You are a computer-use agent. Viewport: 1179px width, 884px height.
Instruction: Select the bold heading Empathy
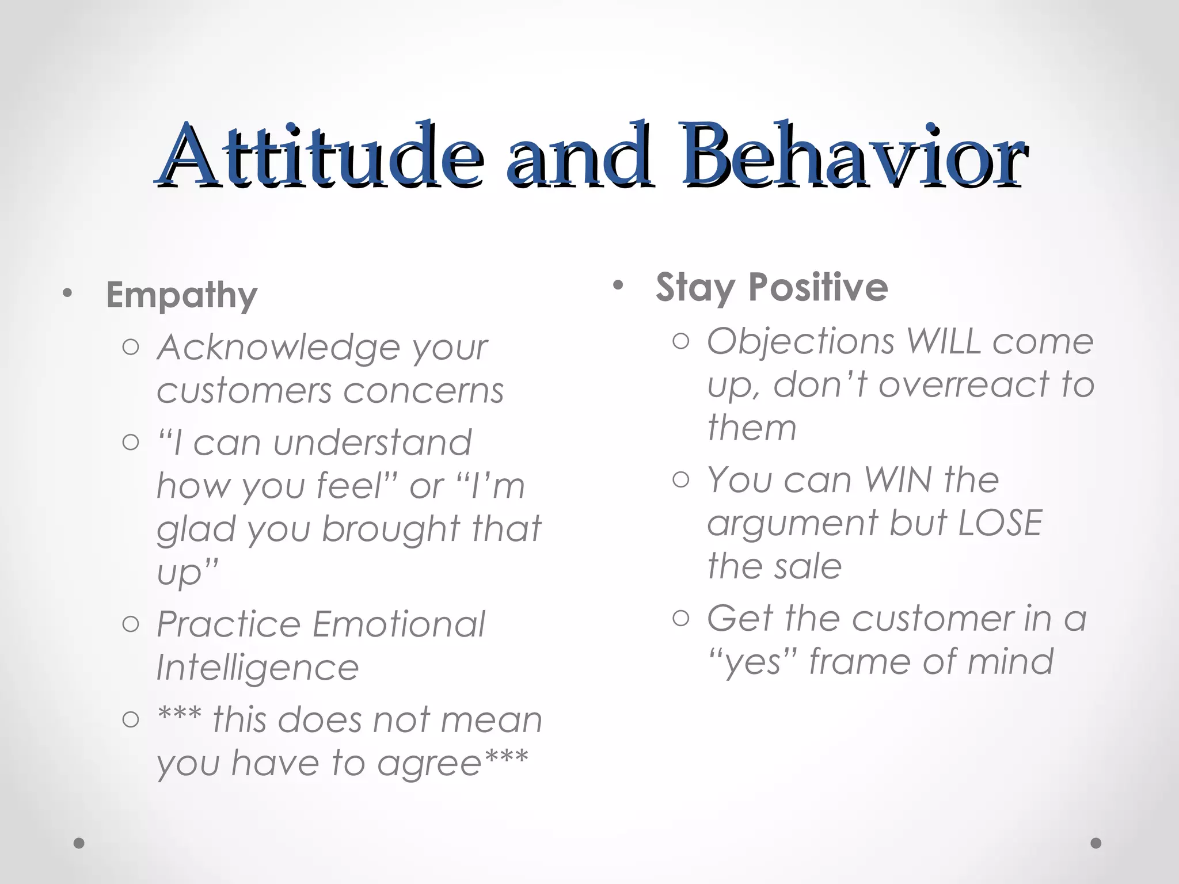point(181,295)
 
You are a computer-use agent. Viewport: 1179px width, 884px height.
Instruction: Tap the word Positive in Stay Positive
point(818,287)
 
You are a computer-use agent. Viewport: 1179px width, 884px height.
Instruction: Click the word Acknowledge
point(277,348)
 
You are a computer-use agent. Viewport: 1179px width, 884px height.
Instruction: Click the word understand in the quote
point(372,443)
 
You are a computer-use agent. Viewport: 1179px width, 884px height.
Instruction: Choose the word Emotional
point(399,624)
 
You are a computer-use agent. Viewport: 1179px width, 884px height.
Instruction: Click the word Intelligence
point(257,668)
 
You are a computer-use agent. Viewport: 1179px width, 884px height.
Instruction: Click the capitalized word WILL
point(944,341)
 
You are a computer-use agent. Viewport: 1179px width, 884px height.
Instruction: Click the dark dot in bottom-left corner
point(79,843)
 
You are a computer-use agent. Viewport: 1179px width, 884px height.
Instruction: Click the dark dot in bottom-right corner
point(1096,843)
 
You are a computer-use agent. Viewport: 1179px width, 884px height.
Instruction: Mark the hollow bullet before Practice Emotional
point(131,624)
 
